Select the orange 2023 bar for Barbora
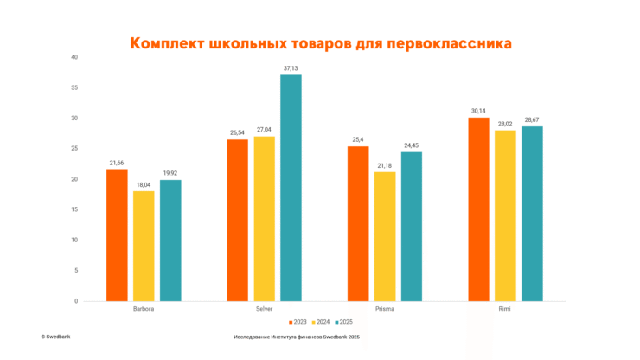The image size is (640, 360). (117, 235)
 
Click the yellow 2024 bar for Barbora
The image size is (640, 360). (144, 246)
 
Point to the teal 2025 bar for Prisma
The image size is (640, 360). (412, 226)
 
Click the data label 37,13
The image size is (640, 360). (291, 68)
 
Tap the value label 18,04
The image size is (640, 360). (144, 184)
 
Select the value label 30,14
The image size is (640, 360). (478, 111)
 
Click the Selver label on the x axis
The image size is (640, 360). (264, 309)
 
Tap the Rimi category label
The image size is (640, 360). (505, 309)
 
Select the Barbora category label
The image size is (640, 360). (144, 309)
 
